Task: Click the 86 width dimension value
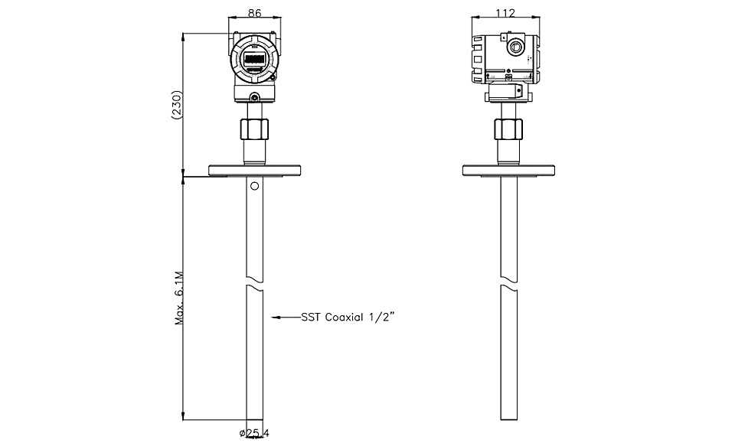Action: coord(254,13)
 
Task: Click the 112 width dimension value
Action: coord(505,13)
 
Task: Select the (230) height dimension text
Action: coord(177,105)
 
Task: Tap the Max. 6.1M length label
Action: coord(178,298)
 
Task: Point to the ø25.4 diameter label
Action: coord(254,433)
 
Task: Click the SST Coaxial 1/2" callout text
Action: coord(348,318)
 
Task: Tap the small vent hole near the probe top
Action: coord(254,187)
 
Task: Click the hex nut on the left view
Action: coord(254,129)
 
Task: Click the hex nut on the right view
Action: coord(508,129)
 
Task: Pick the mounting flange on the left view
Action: coord(254,170)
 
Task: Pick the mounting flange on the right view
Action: coord(508,171)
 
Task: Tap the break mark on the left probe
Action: coord(254,286)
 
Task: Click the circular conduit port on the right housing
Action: coord(515,47)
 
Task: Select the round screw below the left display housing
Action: coord(254,97)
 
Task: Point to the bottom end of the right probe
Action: coord(509,419)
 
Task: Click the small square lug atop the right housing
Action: coord(503,36)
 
